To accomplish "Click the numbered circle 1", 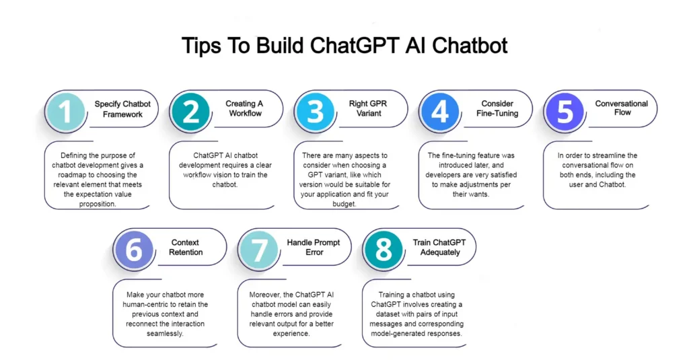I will pos(65,111).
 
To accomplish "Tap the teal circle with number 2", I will pos(190,111).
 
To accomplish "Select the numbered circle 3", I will pos(316,111).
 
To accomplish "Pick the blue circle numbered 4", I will pos(440,111).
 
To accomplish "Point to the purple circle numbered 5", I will pos(565,111).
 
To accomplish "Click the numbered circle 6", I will pos(134,250).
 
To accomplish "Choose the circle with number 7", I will pos(258,250).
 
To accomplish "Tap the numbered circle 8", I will pos(384,250).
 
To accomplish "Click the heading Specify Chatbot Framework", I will pos(122,109).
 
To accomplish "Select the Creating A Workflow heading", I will pos(244,108).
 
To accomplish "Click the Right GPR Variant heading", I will pos(368,108).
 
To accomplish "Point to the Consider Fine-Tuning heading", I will pos(497,108).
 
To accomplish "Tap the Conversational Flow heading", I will pos(622,108).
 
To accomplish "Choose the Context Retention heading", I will pos(186,247).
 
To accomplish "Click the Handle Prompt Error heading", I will pos(314,247).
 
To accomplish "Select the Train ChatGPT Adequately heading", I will pos(439,247).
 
